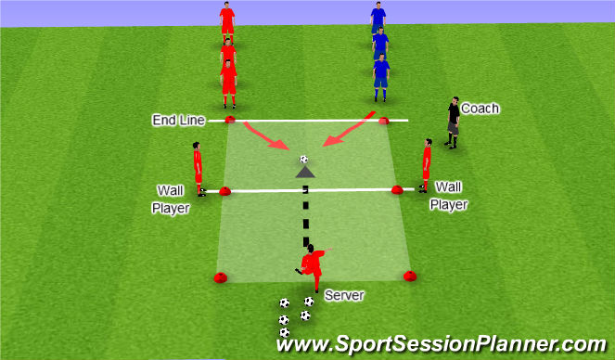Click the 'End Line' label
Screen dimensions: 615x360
pos(179,121)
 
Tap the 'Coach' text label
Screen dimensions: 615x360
pos(480,109)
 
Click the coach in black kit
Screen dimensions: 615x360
pos(453,122)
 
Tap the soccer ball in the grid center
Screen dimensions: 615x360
pos(303,160)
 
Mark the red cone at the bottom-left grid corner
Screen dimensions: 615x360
pos(221,276)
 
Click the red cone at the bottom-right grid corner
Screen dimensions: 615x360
pos(409,275)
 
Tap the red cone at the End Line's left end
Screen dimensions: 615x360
pos(229,119)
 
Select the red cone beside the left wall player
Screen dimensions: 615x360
pos(225,191)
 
